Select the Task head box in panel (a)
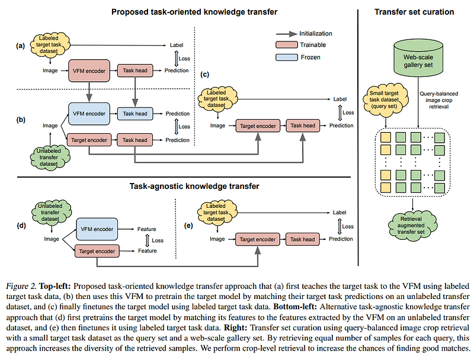tap(136, 70)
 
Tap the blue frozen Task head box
tap(136, 113)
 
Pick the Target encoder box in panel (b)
tap(88, 140)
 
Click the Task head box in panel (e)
tap(302, 239)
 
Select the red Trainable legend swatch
tap(286, 45)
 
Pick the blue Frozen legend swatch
tap(286, 57)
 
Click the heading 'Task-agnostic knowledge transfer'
tap(194, 186)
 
